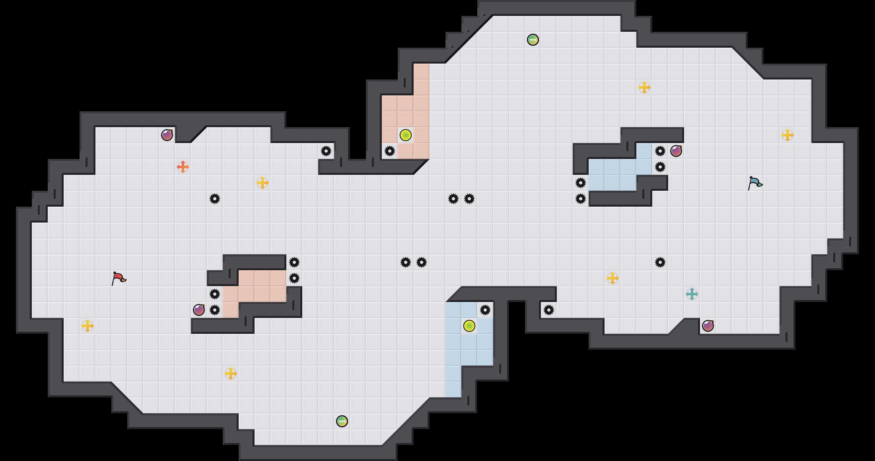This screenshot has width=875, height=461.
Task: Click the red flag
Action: click(x=119, y=278)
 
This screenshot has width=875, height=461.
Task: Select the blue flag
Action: click(x=755, y=183)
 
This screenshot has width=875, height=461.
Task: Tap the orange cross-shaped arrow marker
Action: click(x=183, y=167)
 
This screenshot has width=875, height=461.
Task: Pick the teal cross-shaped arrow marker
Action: click(x=692, y=294)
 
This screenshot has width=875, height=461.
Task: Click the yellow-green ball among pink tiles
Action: click(x=405, y=135)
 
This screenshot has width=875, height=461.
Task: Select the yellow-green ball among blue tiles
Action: click(x=469, y=326)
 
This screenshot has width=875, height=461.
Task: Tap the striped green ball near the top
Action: click(x=533, y=40)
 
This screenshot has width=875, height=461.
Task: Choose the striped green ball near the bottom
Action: click(x=342, y=421)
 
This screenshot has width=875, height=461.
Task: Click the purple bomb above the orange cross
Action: click(x=167, y=135)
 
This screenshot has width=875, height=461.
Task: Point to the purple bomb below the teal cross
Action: click(x=708, y=326)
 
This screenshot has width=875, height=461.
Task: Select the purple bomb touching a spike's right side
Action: click(x=676, y=151)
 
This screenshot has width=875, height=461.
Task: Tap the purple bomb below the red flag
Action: click(x=198, y=310)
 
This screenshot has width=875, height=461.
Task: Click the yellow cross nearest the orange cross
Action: click(x=262, y=183)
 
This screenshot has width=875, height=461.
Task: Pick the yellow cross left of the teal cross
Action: click(x=612, y=278)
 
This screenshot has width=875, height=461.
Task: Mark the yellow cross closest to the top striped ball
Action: click(x=644, y=87)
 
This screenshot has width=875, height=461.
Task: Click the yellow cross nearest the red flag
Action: click(x=87, y=326)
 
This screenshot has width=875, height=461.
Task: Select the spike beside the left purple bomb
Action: click(x=214, y=310)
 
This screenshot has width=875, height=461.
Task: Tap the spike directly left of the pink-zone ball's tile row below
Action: click(x=389, y=151)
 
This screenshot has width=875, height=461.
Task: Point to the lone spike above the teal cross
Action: click(x=660, y=262)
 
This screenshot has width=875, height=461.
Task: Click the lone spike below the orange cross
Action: click(x=214, y=199)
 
